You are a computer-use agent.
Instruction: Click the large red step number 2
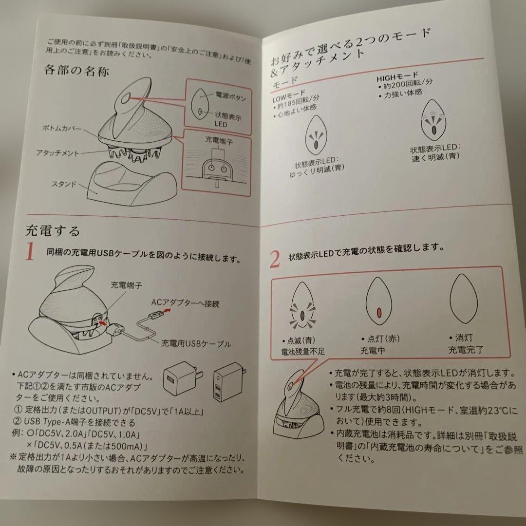pos(275,260)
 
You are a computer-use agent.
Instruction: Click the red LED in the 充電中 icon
pos(378,312)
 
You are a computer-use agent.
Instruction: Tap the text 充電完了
pos(466,349)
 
